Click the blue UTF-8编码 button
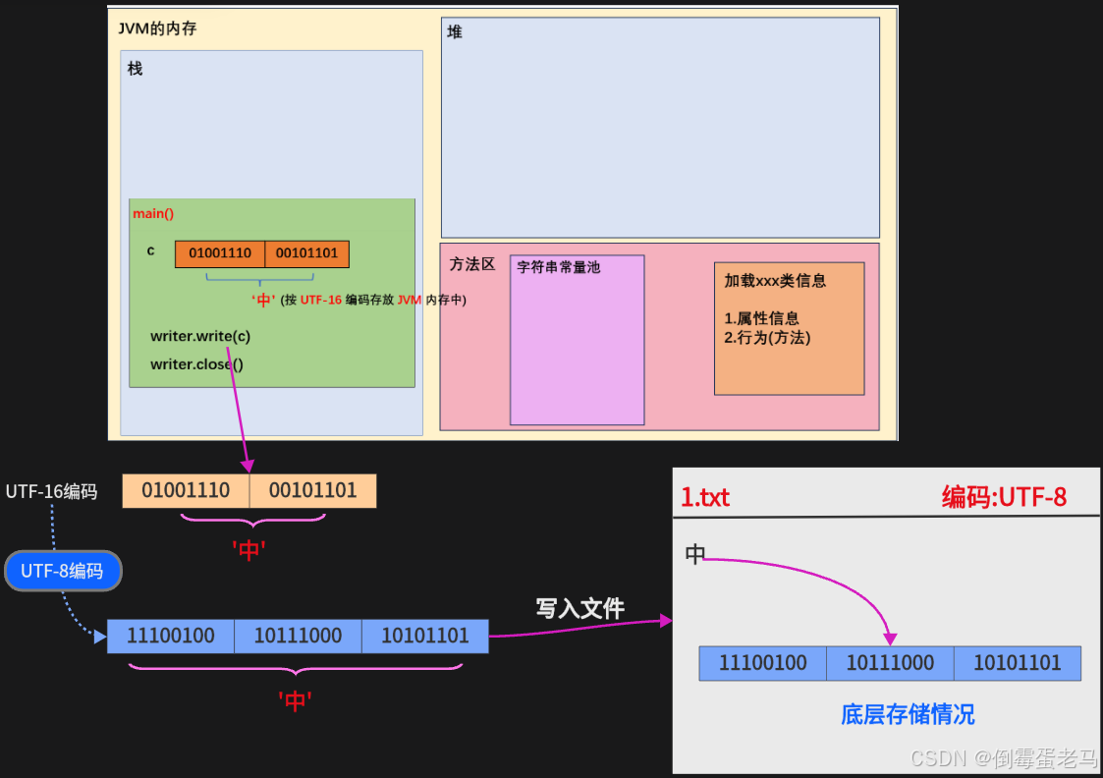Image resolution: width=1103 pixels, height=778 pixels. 62,571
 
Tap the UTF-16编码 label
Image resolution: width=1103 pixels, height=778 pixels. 51,491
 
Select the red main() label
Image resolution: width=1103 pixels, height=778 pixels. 153,213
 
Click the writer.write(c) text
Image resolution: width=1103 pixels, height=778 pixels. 200,336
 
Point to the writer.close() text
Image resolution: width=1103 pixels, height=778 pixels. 196,364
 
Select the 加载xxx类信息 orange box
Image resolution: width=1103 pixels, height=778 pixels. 789,328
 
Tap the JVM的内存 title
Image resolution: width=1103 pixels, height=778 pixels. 157,28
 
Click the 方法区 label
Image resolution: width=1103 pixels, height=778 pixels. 472,264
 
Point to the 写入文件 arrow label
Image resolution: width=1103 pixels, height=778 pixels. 579,608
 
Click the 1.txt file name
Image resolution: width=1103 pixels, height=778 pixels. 705,497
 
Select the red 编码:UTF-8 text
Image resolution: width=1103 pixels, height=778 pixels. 1004,497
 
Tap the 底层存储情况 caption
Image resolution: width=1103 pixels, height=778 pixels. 908,714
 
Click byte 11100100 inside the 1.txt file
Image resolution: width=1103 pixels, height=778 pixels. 763,663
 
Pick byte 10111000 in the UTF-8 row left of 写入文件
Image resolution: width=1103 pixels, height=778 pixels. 298,636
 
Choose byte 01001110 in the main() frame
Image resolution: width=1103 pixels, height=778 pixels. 220,253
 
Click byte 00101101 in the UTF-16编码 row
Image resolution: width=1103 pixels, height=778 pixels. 312,490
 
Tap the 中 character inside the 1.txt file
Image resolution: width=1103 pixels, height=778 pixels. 695,555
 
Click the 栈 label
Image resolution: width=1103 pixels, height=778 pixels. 135,69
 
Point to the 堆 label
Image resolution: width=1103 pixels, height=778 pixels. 455,32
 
